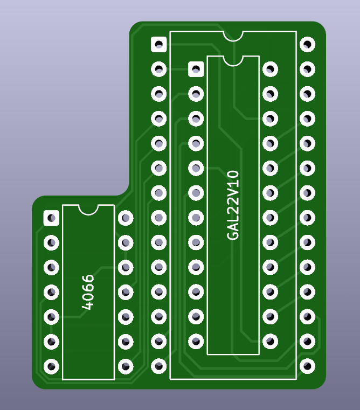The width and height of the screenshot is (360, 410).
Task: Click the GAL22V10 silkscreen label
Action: click(233, 205)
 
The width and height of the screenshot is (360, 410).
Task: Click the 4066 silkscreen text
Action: click(88, 292)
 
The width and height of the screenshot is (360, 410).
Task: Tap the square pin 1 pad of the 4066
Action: click(51, 218)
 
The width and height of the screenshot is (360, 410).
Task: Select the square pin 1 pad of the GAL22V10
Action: click(196, 70)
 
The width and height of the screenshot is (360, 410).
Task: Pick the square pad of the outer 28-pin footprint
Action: click(159, 45)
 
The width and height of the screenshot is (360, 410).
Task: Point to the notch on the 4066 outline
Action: click(88, 210)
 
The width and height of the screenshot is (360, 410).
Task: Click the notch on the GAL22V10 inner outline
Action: click(233, 61)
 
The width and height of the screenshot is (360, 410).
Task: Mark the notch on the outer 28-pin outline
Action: click(233, 36)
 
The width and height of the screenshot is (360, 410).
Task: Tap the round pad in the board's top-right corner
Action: click(307, 45)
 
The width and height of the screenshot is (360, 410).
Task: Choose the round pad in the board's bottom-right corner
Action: click(307, 366)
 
